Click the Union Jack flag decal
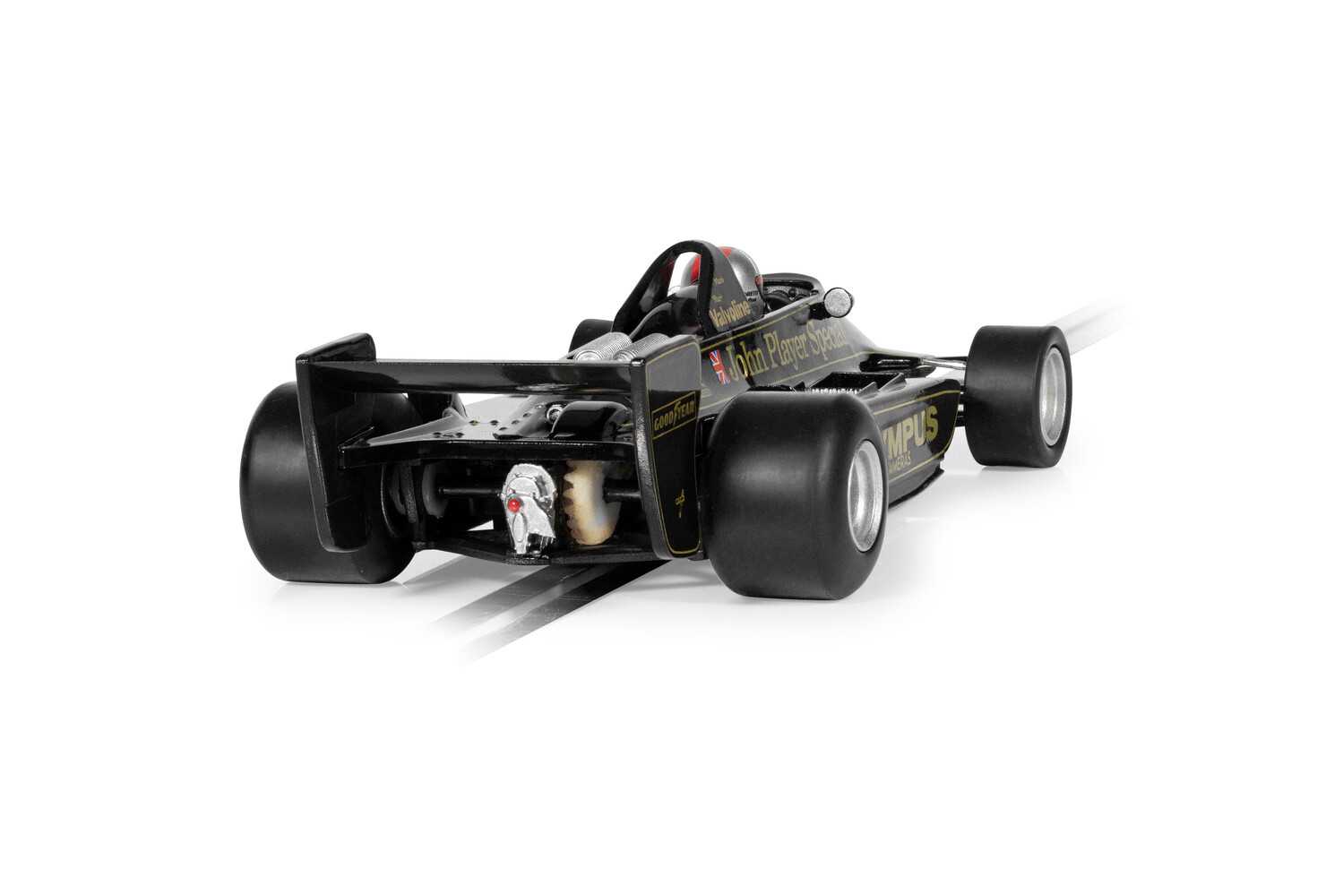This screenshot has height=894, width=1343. pyautogui.click(x=719, y=366)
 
